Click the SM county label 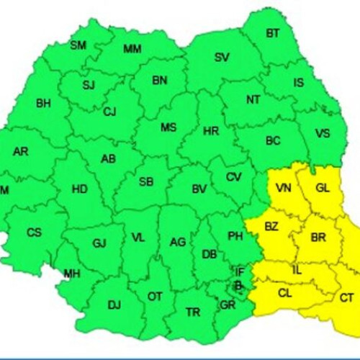pos(78,45)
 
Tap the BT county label pos(273,33)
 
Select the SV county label pos(222,57)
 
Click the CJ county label pos(109,112)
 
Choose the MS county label pos(168,127)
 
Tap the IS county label pos(298,83)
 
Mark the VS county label pos(323,132)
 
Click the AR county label pos(20,151)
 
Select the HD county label pos(80,189)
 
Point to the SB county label pos(146,181)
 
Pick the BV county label pos(199,189)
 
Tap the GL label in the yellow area pos(323,188)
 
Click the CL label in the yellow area pos(284,293)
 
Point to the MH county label pos(72,274)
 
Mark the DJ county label pos(114,305)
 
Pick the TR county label pos(193,312)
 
